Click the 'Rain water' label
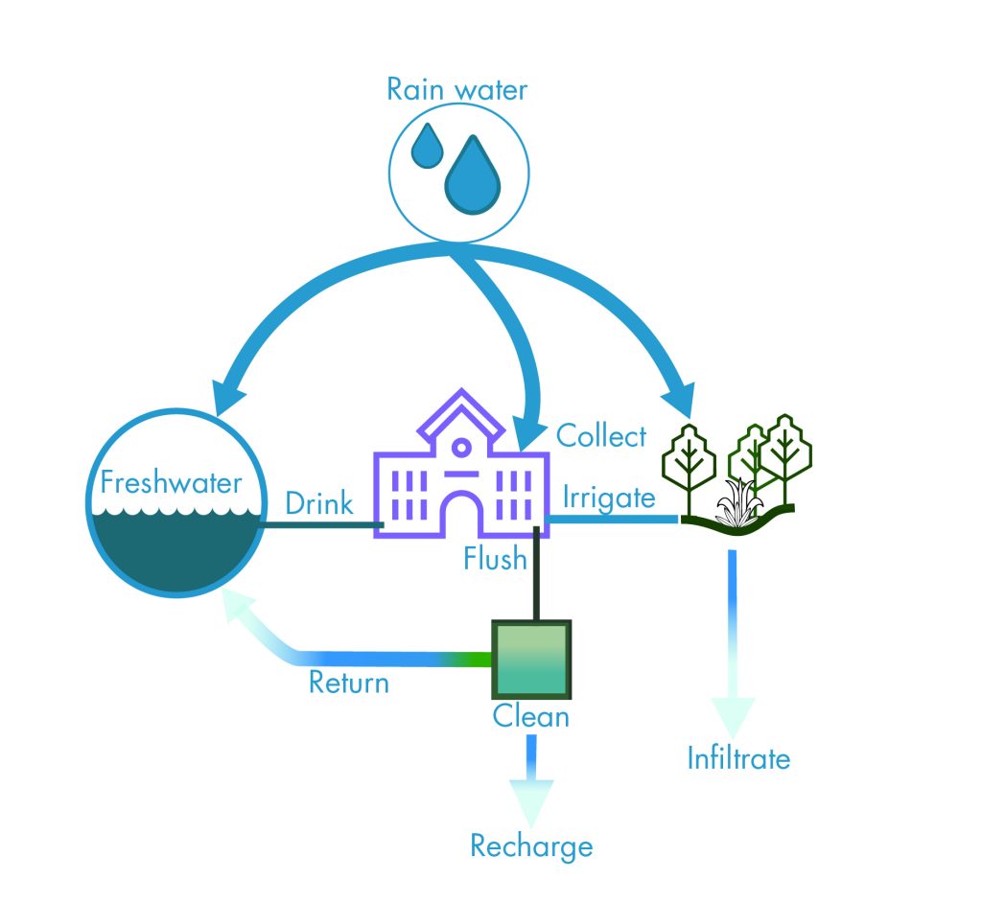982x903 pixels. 456,91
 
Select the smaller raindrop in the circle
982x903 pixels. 427,147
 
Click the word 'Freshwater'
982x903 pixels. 171,482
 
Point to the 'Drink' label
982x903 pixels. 319,503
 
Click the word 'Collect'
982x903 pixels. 601,436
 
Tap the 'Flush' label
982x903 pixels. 495,557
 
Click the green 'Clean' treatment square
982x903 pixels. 531,660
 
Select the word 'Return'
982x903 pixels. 348,683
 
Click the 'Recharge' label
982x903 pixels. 531,846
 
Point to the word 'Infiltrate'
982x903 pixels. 738,759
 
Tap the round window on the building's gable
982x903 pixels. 461,447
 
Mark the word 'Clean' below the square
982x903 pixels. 530,716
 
